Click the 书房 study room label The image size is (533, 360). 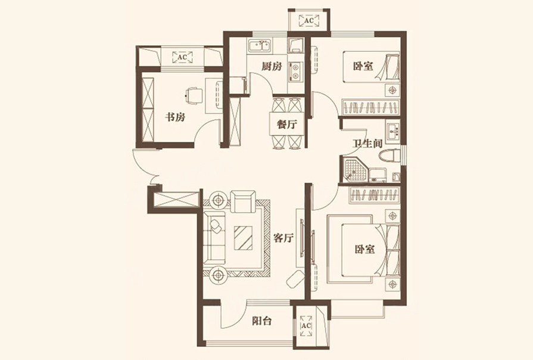click(176, 117)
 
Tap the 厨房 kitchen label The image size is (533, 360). click(272, 66)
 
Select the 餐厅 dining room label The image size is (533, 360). click(287, 125)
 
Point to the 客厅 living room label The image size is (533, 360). click(283, 238)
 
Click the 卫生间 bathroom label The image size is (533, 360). click(367, 144)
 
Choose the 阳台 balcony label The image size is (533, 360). click(262, 321)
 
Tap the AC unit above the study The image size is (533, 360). click(182, 57)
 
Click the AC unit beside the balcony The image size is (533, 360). click(306, 325)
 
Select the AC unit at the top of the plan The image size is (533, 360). click(308, 21)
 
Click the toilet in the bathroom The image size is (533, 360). click(390, 156)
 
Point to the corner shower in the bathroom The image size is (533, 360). click(355, 170)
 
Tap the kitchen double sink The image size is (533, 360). click(260, 45)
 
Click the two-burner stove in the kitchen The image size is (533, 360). click(295, 71)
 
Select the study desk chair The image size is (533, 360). click(194, 95)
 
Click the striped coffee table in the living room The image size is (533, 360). click(243, 238)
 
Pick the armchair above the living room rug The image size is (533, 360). click(243, 201)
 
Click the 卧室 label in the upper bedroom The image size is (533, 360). click(363, 66)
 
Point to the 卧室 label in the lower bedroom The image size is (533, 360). click(364, 249)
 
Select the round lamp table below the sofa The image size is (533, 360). click(218, 275)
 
